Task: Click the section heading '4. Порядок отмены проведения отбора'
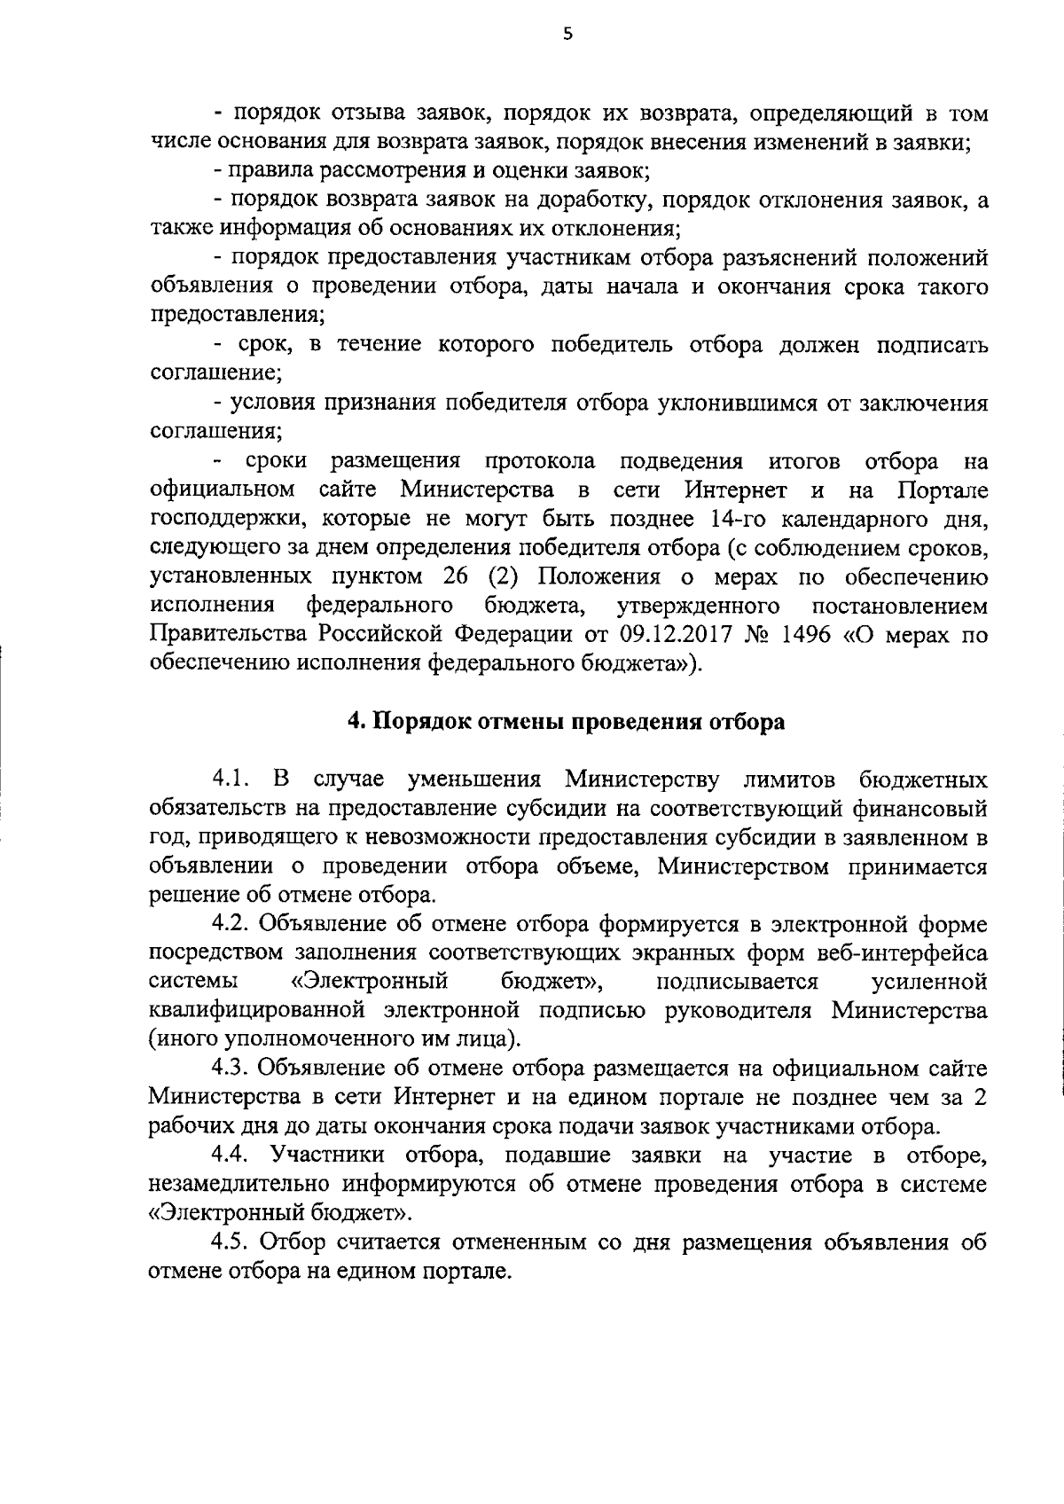567,721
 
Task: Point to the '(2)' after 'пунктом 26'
503,576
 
